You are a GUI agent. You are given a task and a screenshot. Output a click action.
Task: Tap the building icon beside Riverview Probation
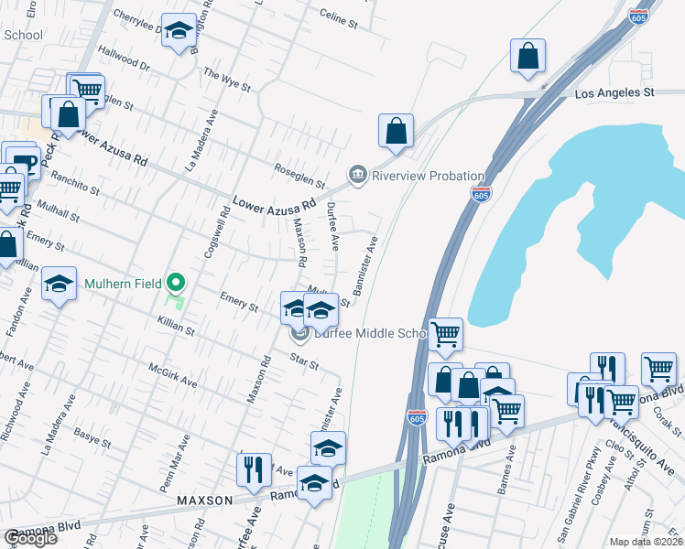357,174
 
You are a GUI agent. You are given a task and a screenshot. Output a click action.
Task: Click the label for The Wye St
227,80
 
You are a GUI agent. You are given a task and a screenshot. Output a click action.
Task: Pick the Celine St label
338,16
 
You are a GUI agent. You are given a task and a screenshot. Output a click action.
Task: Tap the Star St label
303,359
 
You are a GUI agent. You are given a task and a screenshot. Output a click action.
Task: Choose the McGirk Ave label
172,375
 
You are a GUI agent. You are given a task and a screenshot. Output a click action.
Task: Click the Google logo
30,538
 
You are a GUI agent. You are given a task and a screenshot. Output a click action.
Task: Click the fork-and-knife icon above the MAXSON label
254,468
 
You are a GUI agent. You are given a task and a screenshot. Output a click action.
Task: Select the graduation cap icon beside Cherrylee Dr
179,28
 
